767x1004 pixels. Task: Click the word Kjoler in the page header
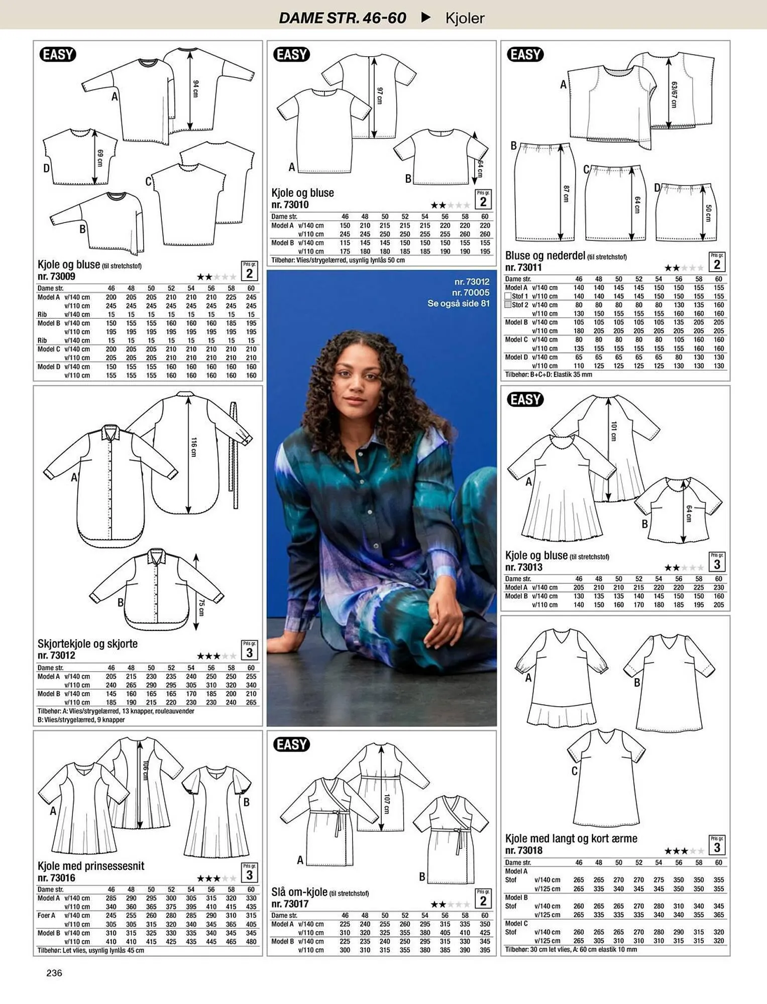pos(465,18)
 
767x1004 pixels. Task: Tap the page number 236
pos(54,973)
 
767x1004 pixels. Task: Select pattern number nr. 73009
pos(56,276)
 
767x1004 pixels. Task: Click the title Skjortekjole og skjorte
pos(87,644)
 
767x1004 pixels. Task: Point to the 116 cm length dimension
pos(194,447)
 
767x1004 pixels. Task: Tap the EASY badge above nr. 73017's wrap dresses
pos(291,744)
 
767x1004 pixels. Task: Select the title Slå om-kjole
pos(299,892)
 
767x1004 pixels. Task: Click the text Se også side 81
pos(458,303)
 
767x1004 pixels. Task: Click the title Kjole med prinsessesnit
pos(91,866)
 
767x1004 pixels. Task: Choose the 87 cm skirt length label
pos(566,194)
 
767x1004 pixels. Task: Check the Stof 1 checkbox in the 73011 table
pos(508,296)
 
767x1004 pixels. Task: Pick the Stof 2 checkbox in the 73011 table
pos(508,305)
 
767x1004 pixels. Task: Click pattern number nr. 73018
pos(524,850)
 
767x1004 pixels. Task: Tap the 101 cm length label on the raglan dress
pos(613,431)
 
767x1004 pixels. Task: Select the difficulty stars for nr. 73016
pos(216,878)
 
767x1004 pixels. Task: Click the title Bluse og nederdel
pos(545,256)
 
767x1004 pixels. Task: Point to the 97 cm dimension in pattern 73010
pos(380,95)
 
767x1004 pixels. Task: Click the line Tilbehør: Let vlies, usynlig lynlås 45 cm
pos(91,950)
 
